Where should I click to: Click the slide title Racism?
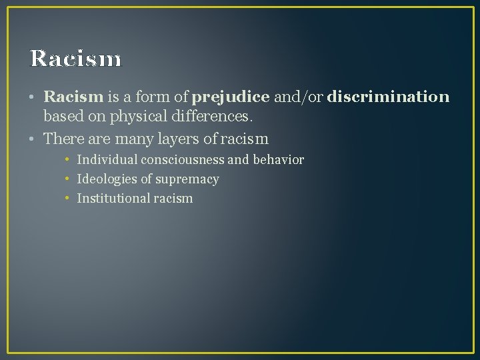click(76, 59)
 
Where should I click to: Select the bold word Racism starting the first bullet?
click(73, 97)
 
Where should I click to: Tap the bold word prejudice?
click(231, 97)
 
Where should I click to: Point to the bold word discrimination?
click(388, 97)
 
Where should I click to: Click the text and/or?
click(298, 97)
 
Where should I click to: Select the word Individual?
click(107, 160)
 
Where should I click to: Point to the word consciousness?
click(183, 160)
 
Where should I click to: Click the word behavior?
click(278, 160)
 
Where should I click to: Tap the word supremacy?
click(187, 179)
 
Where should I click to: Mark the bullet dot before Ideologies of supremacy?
click(68, 179)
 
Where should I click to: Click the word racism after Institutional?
click(172, 199)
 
